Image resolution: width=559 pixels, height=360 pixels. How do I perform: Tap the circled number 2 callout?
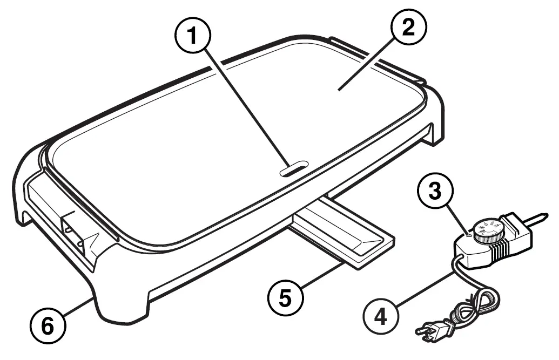407,28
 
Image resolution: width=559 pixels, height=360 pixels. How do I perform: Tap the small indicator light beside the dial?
469,236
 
